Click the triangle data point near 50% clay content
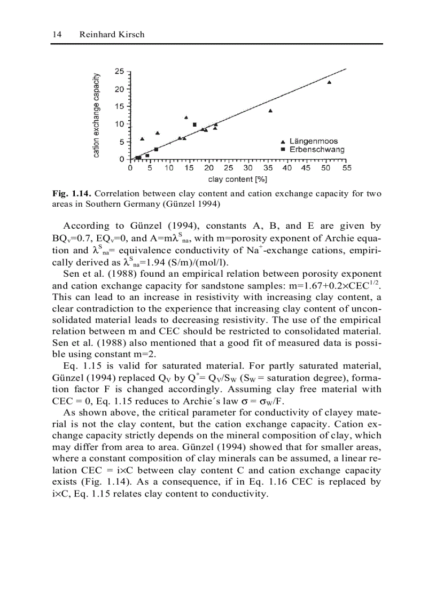(x=329, y=82)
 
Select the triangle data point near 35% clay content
(x=270, y=111)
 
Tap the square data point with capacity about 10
(x=194, y=124)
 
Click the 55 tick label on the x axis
(x=346, y=168)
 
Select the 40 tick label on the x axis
(x=287, y=168)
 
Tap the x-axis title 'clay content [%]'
(x=237, y=179)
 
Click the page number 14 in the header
(x=57, y=34)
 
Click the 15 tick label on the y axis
(x=119, y=106)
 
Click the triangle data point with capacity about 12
(x=186, y=118)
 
